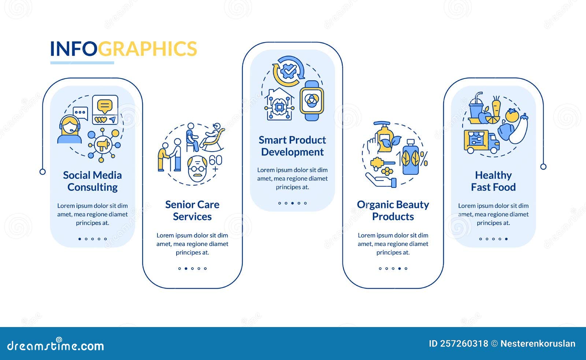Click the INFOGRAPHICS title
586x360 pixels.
123,49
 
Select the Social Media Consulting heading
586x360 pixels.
92,181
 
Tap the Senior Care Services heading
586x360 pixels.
192,210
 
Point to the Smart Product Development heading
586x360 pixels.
292,146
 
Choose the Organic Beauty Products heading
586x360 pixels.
393,210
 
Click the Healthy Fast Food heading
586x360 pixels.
493,181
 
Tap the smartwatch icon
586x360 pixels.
312,101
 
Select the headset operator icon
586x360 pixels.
70,130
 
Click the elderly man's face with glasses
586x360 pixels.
197,168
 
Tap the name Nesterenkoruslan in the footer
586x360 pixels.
538,344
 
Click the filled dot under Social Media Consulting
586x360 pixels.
80,239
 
